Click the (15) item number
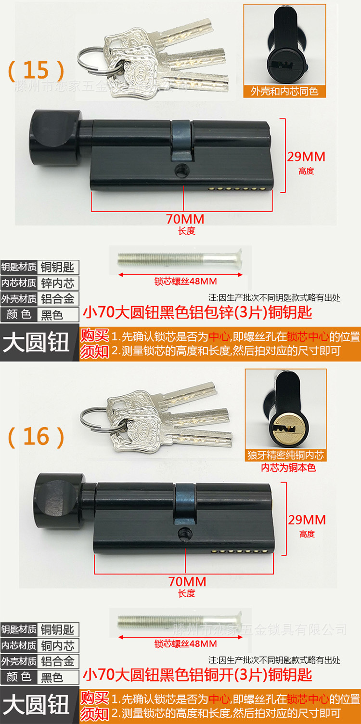click(36, 70)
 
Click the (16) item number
click(36, 436)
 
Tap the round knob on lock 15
click(56, 138)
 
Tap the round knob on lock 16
click(57, 501)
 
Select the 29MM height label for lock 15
click(306, 157)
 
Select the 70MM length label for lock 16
click(187, 581)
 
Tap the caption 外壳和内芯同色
click(284, 91)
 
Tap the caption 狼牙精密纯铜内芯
click(285, 455)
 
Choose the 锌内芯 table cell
click(58, 283)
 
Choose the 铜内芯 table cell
click(58, 645)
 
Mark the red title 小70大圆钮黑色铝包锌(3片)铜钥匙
click(197, 312)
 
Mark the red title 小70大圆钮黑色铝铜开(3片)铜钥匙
click(197, 675)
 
